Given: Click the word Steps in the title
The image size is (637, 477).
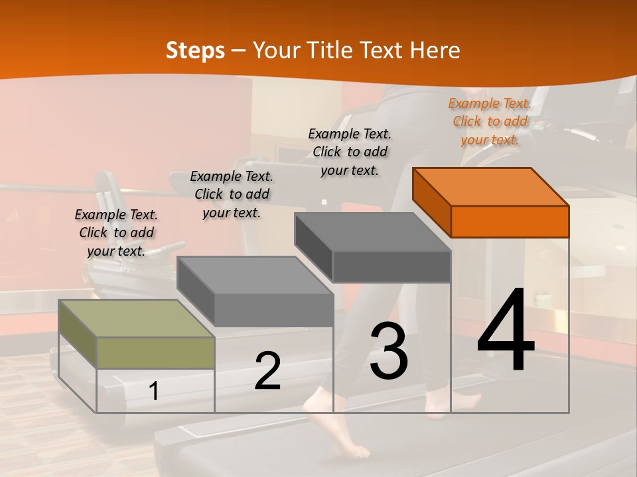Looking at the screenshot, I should [195, 50].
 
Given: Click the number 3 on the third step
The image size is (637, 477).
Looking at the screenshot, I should [389, 350].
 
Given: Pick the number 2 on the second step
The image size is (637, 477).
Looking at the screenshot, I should [267, 371].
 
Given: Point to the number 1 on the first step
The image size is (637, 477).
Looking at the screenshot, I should [154, 392].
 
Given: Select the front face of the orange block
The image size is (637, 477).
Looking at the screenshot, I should [510, 221].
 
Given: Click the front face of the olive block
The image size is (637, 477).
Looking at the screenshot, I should [155, 352].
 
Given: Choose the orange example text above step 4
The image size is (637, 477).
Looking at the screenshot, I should [490, 121].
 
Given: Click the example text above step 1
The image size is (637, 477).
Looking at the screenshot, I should [116, 233].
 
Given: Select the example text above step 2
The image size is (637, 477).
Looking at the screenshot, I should [232, 194].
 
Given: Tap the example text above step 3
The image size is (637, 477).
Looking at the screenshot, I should [350, 152].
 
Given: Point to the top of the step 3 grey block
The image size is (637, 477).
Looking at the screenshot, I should [372, 232].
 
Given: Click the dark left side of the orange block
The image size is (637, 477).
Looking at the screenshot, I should [431, 202].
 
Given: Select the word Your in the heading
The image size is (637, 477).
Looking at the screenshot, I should [275, 50].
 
